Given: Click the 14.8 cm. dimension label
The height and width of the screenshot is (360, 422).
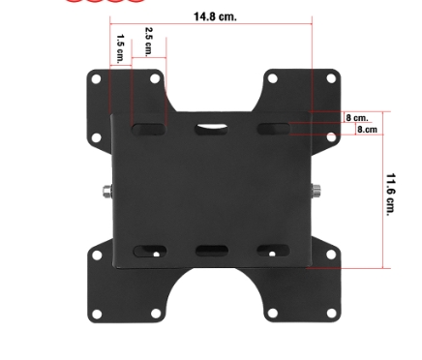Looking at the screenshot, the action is (215, 16).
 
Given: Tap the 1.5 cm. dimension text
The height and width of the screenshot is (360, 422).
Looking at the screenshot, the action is (120, 48).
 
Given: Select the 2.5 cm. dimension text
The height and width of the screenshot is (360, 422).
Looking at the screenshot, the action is (149, 42).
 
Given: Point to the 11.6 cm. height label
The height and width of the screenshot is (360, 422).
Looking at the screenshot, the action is (391, 195).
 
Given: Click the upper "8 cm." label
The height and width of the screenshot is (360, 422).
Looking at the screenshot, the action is (357, 117).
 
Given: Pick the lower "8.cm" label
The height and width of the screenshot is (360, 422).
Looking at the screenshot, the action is (367, 130).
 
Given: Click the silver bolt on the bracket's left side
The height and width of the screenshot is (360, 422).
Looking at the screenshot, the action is (107, 192).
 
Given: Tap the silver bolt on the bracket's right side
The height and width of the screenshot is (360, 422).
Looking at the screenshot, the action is (316, 191).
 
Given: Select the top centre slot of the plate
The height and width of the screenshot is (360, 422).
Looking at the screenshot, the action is (211, 129).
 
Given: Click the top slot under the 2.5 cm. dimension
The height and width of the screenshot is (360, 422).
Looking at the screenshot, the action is (149, 130).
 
